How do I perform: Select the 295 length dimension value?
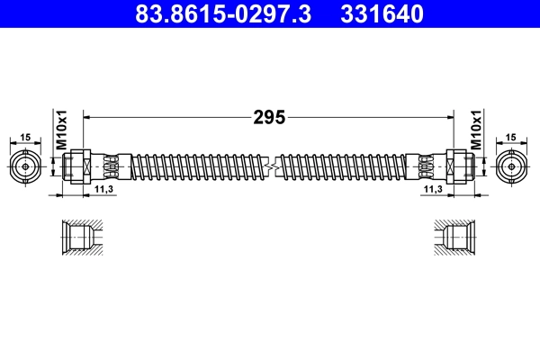pos(268,117)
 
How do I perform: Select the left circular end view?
pos(26,166)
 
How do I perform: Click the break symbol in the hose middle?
pos(268,166)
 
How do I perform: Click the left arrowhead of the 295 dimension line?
pos(87,117)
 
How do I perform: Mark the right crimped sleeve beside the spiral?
pos(425,166)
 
